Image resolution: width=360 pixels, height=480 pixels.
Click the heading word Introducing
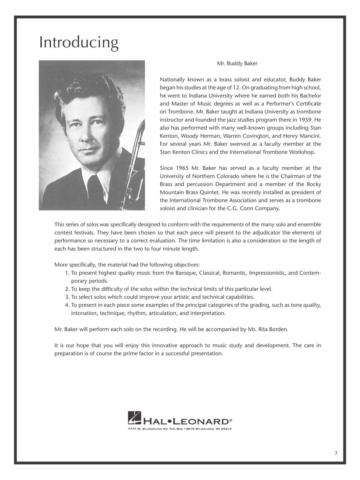point(79,43)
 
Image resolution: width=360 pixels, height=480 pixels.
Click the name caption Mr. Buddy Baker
point(237,64)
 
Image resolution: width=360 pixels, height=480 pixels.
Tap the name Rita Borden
point(273,329)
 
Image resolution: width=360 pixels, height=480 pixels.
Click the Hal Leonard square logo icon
point(134,417)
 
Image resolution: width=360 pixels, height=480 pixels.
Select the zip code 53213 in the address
point(225,429)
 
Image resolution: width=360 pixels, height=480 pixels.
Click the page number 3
point(335,453)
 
